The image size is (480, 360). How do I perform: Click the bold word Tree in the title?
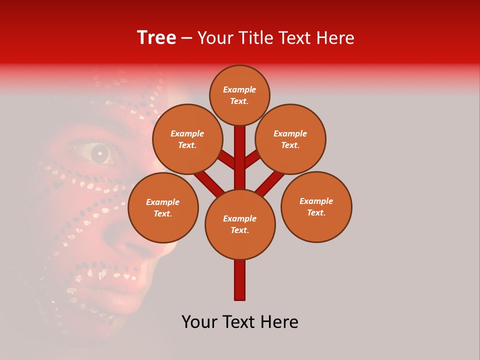tap(156, 38)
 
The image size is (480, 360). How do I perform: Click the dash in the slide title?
tap(186, 38)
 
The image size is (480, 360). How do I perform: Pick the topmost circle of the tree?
tap(239, 95)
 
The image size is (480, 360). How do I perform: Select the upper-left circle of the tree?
tap(187, 139)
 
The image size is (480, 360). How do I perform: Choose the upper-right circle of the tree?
tap(290, 139)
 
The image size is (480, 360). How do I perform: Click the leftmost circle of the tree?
tap(163, 207)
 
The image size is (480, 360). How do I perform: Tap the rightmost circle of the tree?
tap(316, 206)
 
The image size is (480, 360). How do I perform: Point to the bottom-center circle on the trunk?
tap(240, 224)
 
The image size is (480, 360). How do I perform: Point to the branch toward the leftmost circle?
tap(209, 182)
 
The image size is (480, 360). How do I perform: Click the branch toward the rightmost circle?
tap(270, 182)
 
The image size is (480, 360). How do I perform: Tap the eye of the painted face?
tap(99, 153)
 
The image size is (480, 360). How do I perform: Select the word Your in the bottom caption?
tap(198, 322)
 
